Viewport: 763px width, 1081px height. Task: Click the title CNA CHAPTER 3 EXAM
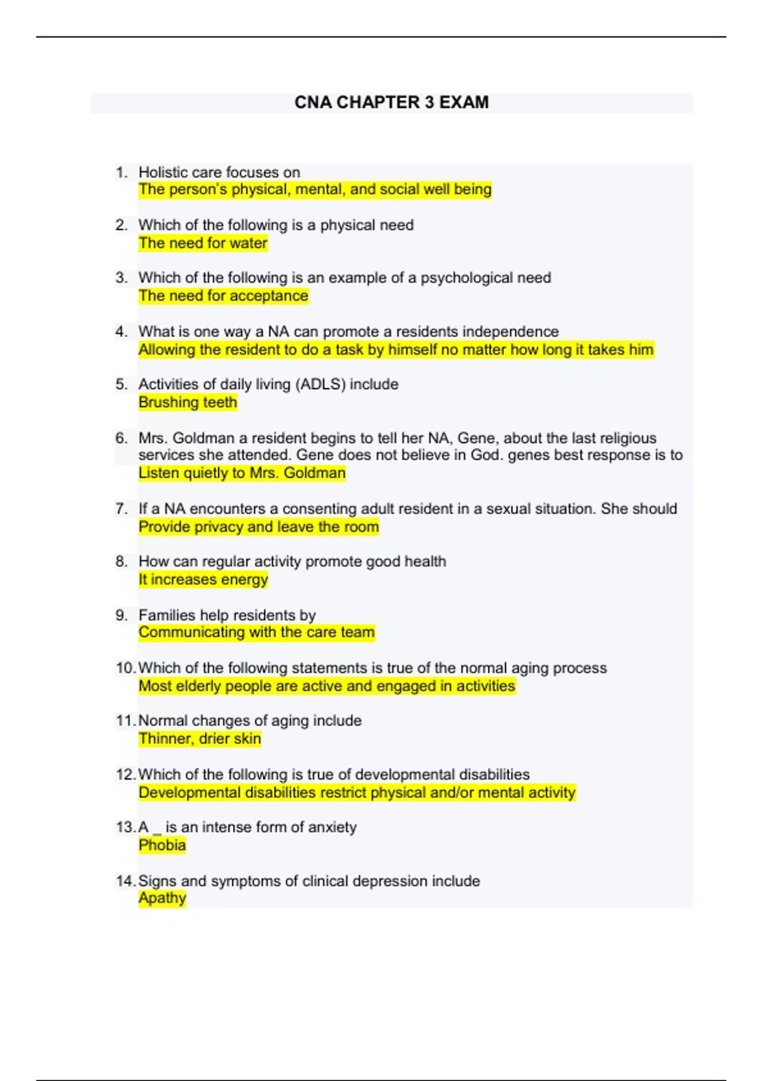[x=391, y=102]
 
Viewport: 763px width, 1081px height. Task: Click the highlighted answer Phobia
[x=162, y=845]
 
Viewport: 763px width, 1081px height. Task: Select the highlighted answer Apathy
[x=162, y=898]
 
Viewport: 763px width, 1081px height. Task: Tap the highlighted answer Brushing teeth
[x=188, y=402]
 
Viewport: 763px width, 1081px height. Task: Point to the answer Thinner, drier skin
[x=200, y=739]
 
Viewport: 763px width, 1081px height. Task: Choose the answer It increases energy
[x=203, y=579]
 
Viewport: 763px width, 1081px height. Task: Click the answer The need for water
[x=203, y=243]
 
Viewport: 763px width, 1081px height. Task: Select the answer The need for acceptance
[x=223, y=296]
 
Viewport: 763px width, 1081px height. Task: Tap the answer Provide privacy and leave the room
[x=258, y=527]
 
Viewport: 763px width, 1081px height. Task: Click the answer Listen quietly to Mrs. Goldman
[x=242, y=473]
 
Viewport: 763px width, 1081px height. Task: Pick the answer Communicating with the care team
[x=256, y=632]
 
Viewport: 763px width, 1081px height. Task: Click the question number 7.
[x=121, y=509]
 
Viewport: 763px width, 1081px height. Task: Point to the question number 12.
[x=125, y=775]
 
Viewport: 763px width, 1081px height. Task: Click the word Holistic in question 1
[x=163, y=172]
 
